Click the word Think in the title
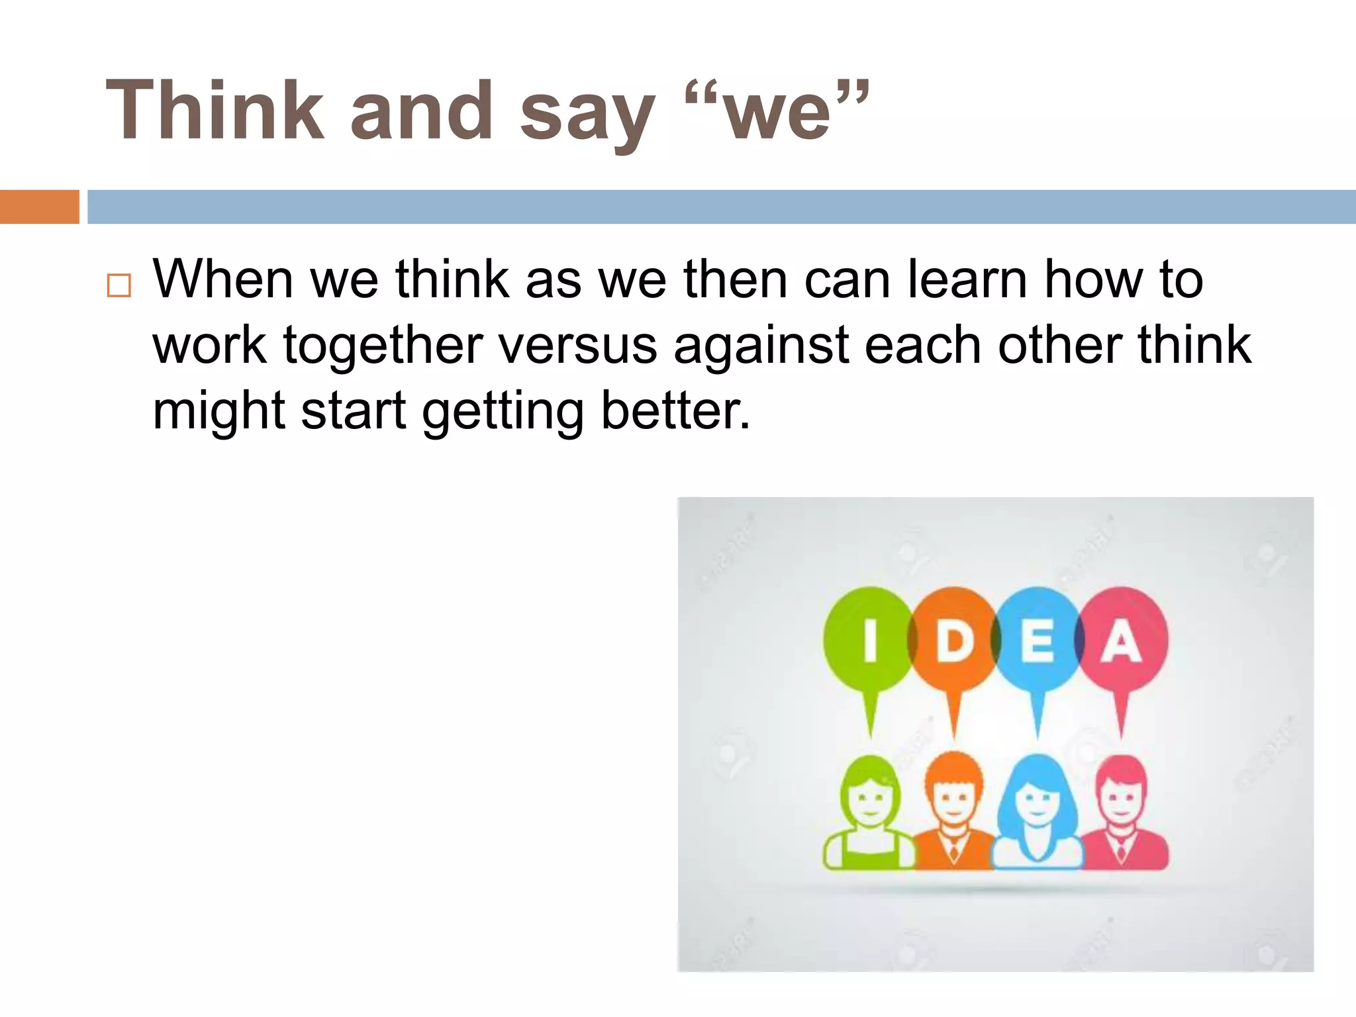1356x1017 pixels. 215,111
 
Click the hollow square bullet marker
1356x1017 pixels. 119,285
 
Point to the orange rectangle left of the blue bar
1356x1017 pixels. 39,207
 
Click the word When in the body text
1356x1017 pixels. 223,279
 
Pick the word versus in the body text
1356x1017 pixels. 577,346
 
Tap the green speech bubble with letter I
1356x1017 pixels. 869,640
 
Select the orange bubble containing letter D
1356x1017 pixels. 953,640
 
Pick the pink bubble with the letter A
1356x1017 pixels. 1122,640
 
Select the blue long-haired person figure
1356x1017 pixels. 1038,814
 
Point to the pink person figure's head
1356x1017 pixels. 1121,791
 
